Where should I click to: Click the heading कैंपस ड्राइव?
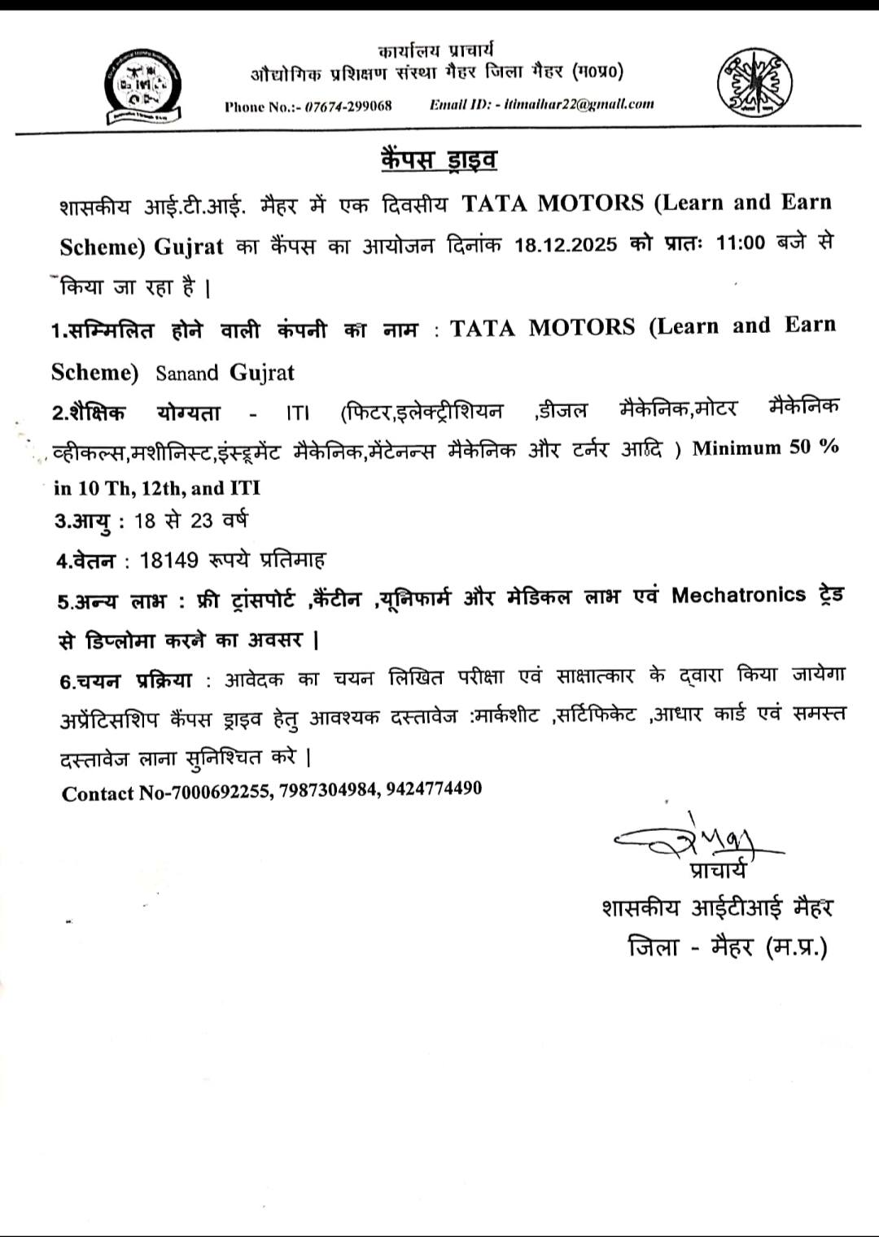(439, 159)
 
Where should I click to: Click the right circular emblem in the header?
(754, 81)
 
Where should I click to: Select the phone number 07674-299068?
(348, 106)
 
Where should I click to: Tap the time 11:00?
(741, 243)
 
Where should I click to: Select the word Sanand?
(187, 374)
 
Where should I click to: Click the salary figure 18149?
(169, 560)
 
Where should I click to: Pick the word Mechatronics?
(738, 595)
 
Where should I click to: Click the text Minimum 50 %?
(765, 448)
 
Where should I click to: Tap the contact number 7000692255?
(220, 792)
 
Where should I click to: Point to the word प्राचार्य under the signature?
(716, 870)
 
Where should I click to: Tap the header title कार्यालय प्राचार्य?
(436, 50)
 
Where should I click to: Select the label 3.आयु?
(82, 520)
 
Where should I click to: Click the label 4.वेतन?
(85, 561)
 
